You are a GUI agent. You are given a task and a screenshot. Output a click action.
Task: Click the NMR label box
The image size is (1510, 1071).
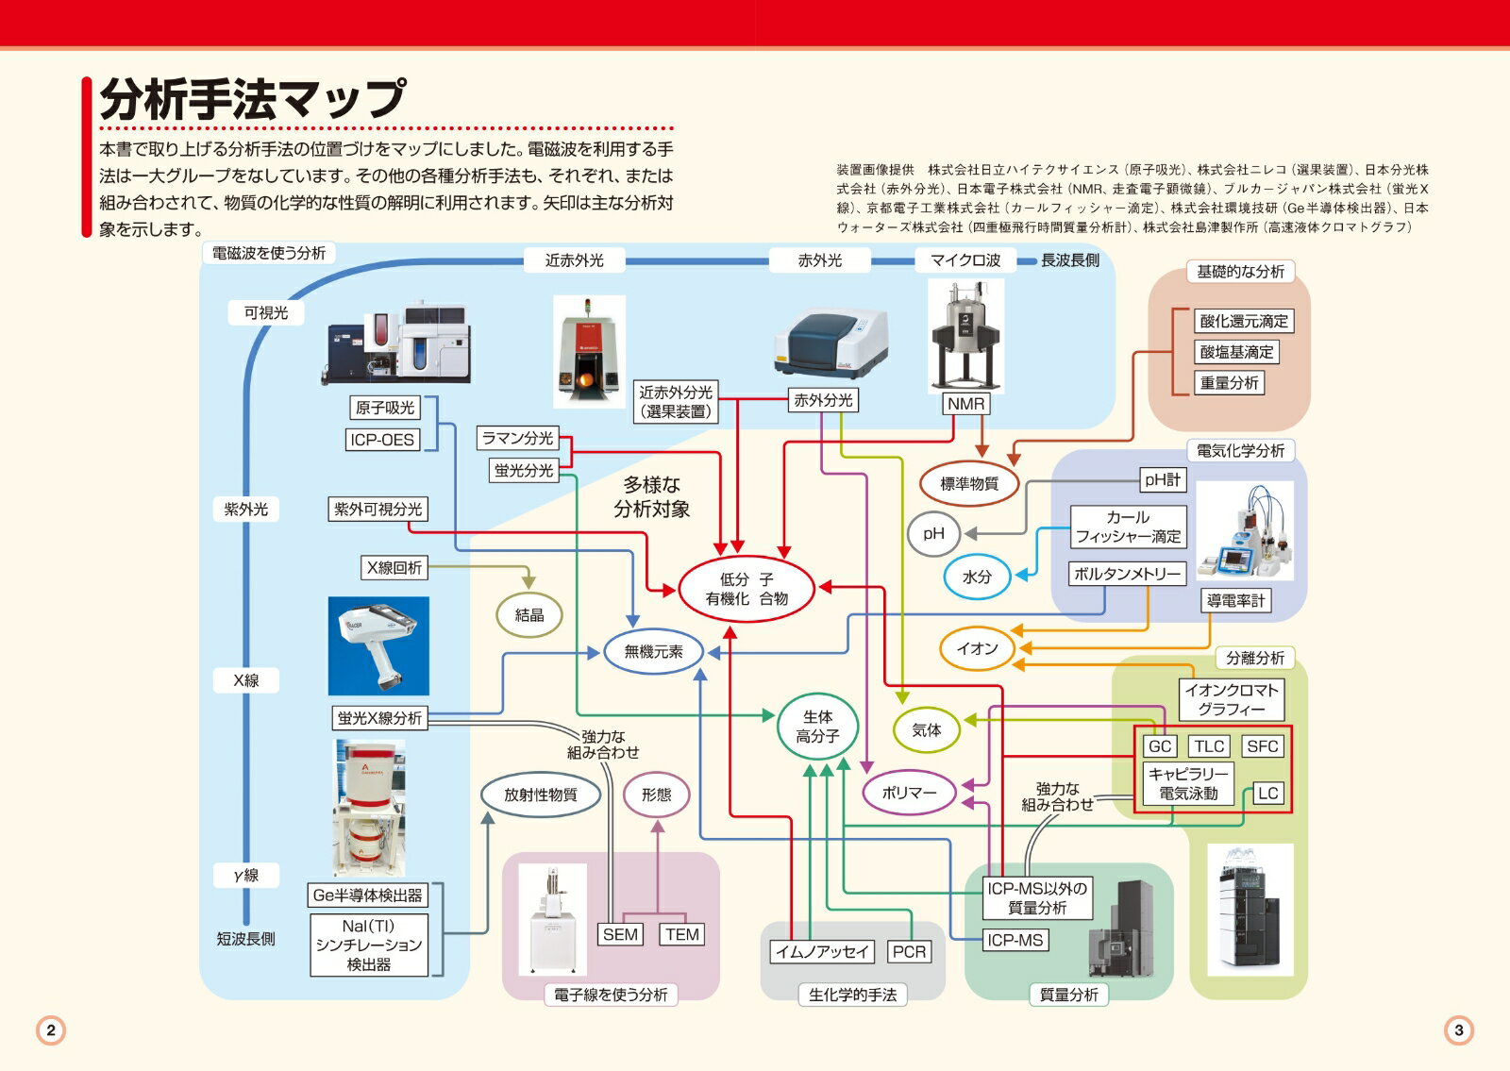pos(965,404)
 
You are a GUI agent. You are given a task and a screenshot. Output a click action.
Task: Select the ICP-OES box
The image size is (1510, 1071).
pos(382,440)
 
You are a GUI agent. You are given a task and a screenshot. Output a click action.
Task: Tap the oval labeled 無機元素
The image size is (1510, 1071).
pos(653,651)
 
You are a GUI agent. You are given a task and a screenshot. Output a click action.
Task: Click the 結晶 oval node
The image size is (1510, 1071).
pos(528,615)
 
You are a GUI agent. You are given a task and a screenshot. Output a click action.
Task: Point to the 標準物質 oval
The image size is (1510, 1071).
pos(969,484)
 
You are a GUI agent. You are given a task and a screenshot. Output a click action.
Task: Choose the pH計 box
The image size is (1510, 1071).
pos(1162,480)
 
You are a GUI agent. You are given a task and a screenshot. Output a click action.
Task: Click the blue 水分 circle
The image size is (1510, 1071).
pos(977,577)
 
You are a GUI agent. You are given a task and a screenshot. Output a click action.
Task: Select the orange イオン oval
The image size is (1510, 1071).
pos(977,648)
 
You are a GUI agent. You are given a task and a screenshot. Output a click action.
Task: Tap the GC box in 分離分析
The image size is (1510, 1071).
pos(1160,746)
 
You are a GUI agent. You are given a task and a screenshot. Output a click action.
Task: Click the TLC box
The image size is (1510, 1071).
pos(1209,746)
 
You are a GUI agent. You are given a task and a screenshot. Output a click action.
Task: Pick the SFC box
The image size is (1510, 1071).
pos(1262,746)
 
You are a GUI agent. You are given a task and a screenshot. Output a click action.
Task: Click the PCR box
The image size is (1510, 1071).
pos(909,952)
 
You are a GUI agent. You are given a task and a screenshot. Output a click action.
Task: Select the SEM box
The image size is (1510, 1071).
pos(620,934)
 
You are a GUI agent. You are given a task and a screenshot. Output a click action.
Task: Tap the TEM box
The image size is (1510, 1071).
pos(681,934)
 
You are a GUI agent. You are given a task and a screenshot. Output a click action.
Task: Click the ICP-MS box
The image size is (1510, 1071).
pos(1015,940)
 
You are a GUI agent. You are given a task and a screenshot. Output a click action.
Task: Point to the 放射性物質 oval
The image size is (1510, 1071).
pos(540,795)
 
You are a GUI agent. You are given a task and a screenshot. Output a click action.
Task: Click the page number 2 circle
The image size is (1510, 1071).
pos(51,1029)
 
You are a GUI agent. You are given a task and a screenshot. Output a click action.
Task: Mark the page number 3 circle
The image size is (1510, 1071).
pos(1458,1029)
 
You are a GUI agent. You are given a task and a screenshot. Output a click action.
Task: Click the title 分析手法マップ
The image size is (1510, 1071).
pos(253,99)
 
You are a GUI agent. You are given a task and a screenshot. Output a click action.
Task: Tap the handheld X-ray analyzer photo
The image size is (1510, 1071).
pos(378,645)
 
